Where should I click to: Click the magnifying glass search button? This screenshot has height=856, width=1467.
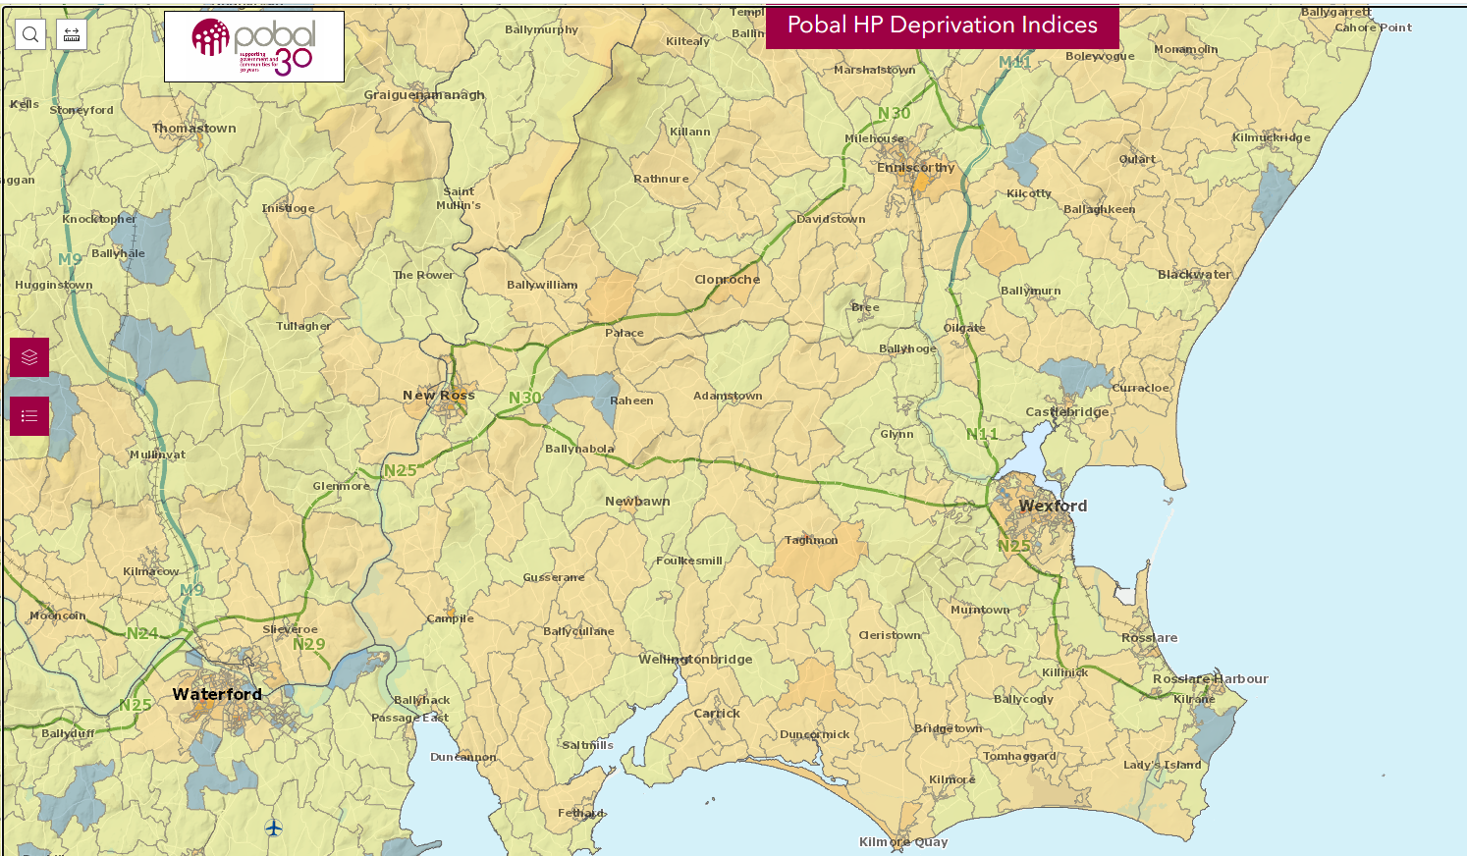30,34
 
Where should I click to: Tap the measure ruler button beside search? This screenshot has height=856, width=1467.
72,34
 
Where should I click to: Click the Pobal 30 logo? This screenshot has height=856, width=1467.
254,46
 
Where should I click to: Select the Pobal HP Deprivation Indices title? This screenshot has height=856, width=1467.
942,26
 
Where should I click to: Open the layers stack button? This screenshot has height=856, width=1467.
29,357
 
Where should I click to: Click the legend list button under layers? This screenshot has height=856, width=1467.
29,416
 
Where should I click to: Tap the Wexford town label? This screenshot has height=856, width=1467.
1053,506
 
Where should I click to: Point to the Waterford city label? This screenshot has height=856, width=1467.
217,694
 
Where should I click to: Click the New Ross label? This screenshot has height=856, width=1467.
438,396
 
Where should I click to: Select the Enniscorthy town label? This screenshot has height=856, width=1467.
915,168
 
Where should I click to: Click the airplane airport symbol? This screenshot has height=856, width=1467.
274,829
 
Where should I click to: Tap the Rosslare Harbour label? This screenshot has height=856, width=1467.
1210,679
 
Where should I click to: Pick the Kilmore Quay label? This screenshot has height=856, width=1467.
903,842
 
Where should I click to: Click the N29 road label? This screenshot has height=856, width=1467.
308,645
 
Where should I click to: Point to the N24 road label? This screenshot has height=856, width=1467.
141,634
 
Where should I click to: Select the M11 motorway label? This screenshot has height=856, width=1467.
1014,62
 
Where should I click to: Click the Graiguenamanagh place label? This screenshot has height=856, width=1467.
424,95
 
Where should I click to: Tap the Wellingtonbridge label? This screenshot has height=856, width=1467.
695,660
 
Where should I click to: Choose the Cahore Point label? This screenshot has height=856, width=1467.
1373,27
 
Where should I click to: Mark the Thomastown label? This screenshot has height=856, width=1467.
194,129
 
